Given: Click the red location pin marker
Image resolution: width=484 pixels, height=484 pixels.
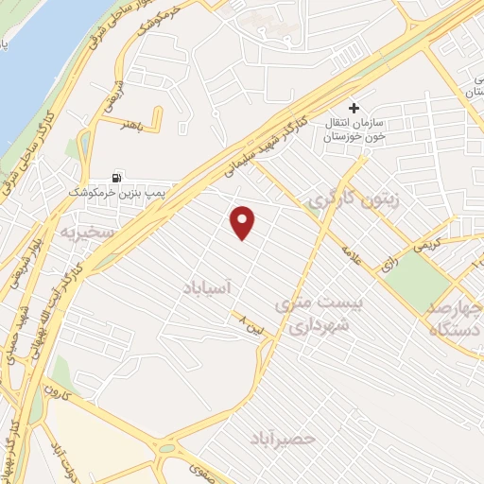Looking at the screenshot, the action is [x=244, y=221].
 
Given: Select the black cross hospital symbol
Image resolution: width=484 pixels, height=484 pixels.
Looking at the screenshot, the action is [x=354, y=109].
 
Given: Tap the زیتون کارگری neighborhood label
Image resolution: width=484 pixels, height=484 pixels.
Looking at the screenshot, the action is [x=345, y=201].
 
